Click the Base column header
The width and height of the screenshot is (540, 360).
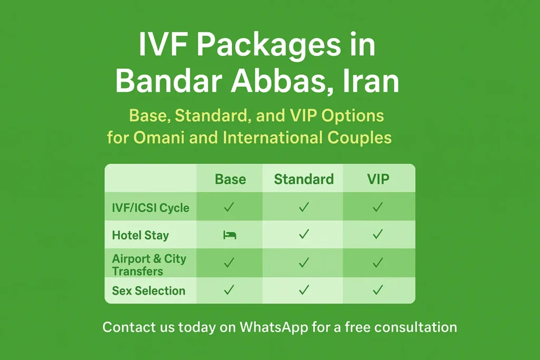[230, 179]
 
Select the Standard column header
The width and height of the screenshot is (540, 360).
[304, 179]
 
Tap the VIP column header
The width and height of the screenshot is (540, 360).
[378, 179]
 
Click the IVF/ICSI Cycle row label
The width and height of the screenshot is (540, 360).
[150, 208]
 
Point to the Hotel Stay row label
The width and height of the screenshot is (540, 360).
[140, 235]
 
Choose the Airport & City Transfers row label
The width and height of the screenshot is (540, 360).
[149, 265]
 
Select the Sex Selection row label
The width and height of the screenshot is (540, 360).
[149, 290]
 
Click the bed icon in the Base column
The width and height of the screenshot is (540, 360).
[229, 235]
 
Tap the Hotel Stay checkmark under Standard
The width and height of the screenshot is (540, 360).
[304, 235]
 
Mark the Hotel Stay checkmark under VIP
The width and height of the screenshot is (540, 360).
[378, 235]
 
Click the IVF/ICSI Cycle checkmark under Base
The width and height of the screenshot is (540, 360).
[229, 207]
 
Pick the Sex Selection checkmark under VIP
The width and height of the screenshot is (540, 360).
[378, 290]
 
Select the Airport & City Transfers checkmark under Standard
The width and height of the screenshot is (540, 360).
[304, 262]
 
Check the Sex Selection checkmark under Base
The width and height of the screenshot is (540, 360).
[229, 290]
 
